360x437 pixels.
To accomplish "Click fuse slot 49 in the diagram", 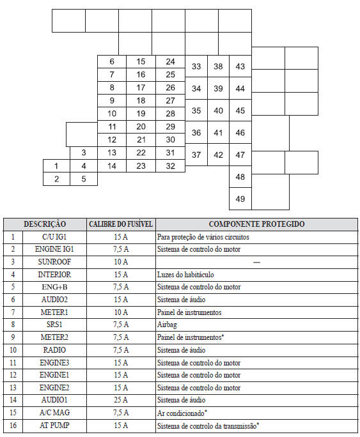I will tap(240, 199).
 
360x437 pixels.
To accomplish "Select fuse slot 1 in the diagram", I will tap(56, 166).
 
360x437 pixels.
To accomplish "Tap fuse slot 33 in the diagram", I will tap(196, 66).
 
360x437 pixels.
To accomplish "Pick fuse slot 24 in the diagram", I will tap(170, 62).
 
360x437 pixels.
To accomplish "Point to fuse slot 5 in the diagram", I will tap(84, 179).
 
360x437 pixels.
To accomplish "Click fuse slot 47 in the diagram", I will tap(240, 155).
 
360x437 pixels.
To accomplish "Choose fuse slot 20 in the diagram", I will tap(141, 126).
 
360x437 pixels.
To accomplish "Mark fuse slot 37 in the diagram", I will tap(196, 155).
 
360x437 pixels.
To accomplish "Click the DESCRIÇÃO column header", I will tap(45, 224).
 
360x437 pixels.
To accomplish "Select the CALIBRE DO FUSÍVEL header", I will tap(120, 224).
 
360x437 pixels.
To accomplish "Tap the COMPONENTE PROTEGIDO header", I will tap(256, 224).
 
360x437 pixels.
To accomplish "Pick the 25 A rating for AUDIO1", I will tap(120, 399).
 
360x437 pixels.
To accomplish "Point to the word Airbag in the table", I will tap(167, 324).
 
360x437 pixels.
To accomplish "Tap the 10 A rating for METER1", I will tap(120, 312).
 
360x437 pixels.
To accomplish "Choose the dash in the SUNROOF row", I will tap(256, 262).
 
